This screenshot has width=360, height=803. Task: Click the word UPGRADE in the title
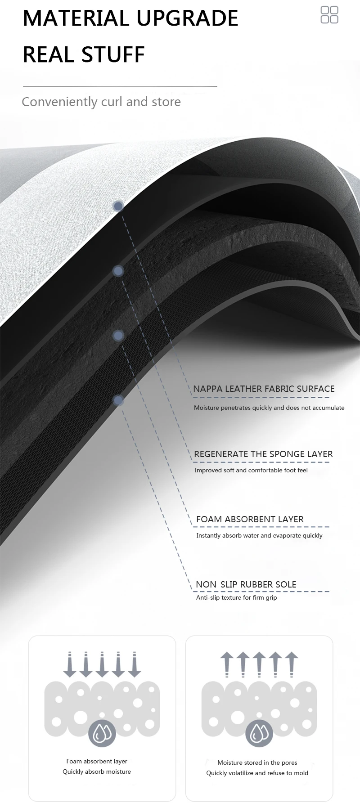coord(187,18)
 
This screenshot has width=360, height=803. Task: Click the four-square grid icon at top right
coord(329,14)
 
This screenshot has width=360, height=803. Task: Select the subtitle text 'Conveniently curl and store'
coord(101,102)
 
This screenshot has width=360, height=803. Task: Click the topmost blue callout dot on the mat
coord(118,206)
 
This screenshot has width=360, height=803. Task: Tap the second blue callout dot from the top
coord(118,271)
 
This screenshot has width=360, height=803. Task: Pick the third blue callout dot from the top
coord(118,336)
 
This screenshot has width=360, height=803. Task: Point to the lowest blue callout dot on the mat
coord(118,400)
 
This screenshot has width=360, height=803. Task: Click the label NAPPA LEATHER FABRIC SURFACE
coord(264,389)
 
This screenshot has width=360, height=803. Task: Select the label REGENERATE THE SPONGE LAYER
coord(263,454)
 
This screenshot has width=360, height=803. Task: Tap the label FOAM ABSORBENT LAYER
coord(250,519)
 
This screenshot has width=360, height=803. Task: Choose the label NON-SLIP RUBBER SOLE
coord(246,584)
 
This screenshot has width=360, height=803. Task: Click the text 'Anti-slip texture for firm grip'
coord(236,597)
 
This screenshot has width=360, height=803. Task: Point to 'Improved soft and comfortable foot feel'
coord(251,470)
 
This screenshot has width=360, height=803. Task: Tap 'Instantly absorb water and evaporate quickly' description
coord(259,535)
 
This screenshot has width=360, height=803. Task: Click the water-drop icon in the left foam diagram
coord(102,733)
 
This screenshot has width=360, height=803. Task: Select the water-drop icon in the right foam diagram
coord(259,733)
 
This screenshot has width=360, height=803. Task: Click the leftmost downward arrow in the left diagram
coord(70,664)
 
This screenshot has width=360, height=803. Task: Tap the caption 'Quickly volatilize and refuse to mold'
coord(257,773)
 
